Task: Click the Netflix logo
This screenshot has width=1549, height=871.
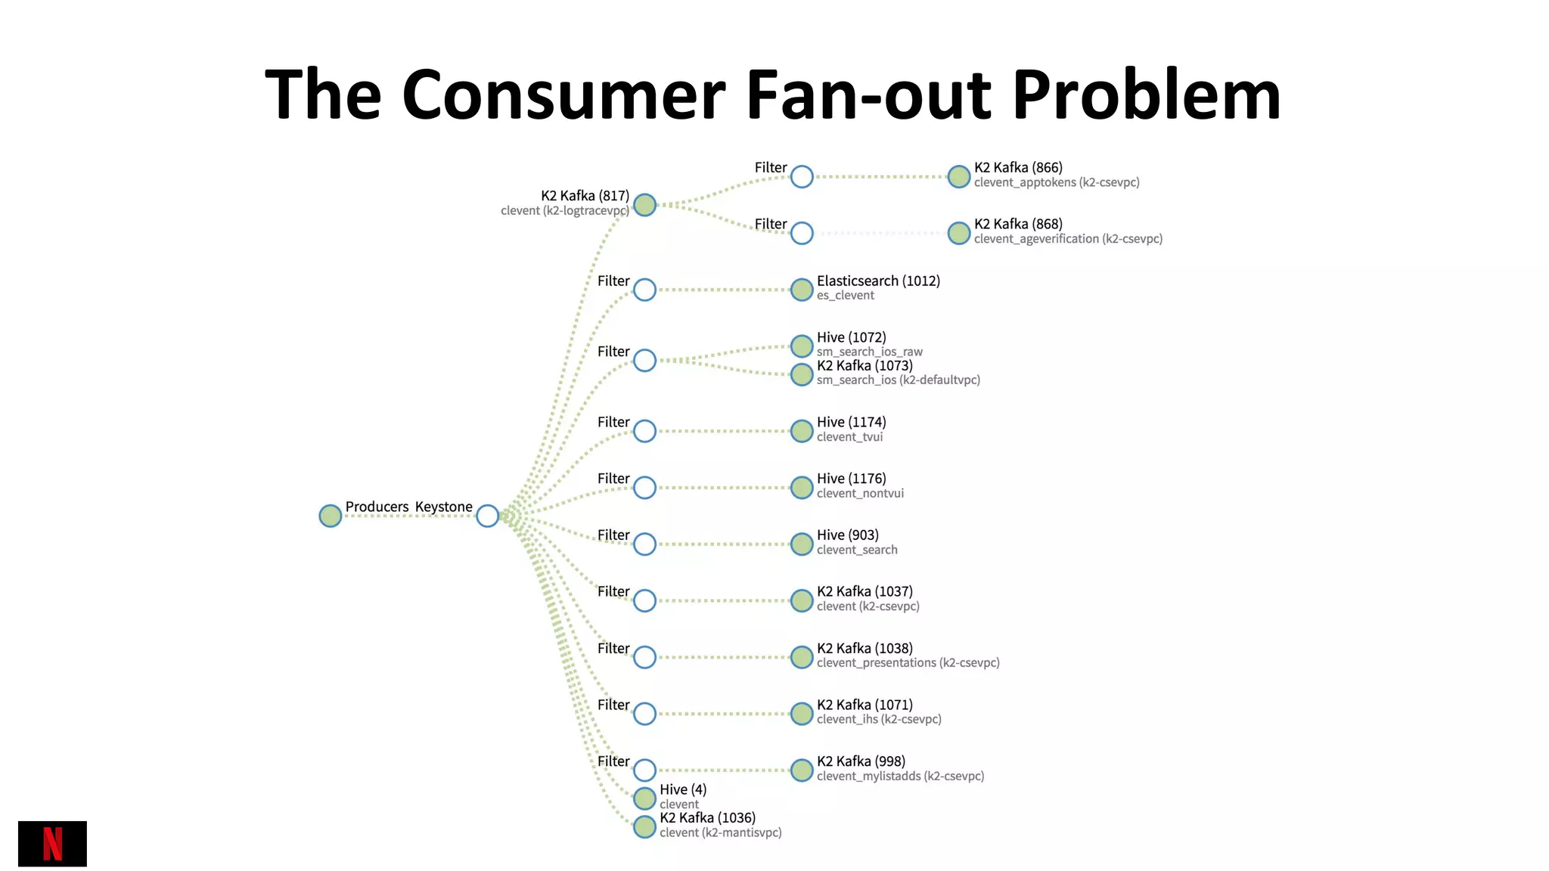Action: [52, 843]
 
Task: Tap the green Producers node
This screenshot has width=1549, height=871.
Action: [331, 516]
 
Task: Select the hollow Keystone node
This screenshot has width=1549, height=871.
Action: [488, 516]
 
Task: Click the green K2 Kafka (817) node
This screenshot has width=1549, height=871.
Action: [644, 205]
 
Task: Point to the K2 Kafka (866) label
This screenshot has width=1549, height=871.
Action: [1018, 168]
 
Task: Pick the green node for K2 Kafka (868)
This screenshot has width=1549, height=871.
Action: [959, 233]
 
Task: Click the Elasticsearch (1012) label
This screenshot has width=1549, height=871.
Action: [878, 281]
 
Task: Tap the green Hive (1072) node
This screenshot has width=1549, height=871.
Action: [802, 346]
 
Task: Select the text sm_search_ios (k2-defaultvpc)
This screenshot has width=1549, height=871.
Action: [898, 380]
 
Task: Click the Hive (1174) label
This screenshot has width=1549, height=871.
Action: [851, 422]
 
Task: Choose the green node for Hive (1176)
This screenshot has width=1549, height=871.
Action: [802, 488]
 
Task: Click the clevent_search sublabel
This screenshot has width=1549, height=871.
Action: [857, 550]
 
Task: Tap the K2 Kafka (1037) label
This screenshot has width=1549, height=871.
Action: [865, 591]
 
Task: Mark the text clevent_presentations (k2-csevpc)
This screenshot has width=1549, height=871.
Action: [908, 663]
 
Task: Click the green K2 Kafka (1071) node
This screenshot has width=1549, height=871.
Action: [802, 714]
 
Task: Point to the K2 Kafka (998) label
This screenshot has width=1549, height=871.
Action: [861, 761]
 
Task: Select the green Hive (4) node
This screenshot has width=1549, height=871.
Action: [644, 798]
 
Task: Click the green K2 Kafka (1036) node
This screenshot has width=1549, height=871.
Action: [644, 827]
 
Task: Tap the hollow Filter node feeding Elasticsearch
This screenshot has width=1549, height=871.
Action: [644, 290]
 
